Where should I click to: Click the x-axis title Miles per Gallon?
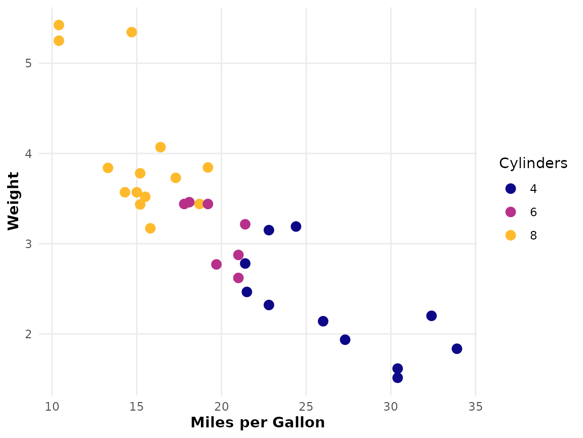coord(257,423)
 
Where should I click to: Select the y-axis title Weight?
coord(14,201)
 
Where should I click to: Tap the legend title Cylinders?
coord(533,163)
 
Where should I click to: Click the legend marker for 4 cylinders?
coord(511,188)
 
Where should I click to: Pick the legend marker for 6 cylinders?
coord(511,212)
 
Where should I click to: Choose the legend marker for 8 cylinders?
coord(511,235)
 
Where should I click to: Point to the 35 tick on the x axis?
coord(475,407)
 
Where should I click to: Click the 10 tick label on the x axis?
coord(52,407)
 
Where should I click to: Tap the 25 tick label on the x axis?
coord(306,407)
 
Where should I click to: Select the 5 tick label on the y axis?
coord(29,64)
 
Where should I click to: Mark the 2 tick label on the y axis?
coord(29,334)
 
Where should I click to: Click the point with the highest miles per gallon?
coord(457,348)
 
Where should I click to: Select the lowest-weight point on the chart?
coord(397,377)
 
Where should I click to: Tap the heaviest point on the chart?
coord(59,25)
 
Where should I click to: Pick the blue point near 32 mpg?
coord(431,315)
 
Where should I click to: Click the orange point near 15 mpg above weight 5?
coord(132,32)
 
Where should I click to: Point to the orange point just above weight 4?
coord(160,147)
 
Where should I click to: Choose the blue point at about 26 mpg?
coord(323,321)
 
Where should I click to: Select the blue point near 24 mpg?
coord(296,226)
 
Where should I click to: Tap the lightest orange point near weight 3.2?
coord(150,228)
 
